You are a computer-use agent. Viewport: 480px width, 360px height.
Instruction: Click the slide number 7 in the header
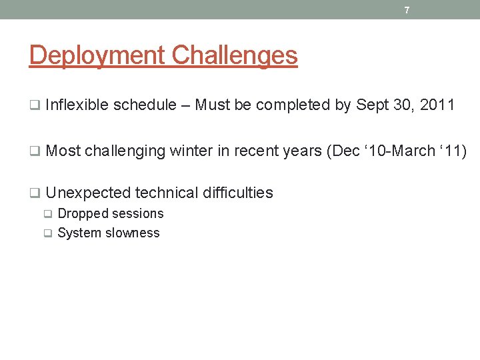point(407,10)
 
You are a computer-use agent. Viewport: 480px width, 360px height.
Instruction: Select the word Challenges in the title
point(234,55)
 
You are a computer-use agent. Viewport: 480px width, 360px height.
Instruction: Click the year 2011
point(437,105)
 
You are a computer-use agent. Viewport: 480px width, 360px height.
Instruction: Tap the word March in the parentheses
point(413,151)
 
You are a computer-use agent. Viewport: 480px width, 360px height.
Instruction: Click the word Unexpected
point(88,193)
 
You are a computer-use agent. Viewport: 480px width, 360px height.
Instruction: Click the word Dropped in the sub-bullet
point(83,214)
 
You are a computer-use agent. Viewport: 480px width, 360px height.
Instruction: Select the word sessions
point(138,214)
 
